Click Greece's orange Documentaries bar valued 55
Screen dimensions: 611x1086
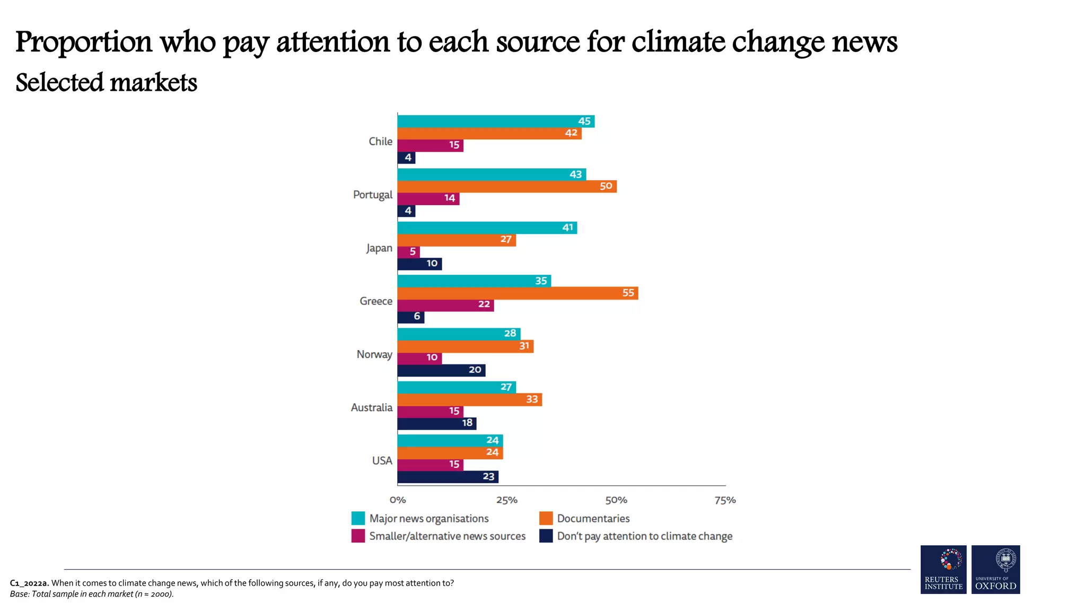point(517,293)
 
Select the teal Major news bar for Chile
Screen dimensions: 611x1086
point(495,121)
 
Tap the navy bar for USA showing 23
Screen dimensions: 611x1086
point(448,476)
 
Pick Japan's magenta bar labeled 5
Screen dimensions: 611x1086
point(408,251)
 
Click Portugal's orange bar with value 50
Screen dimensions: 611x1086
point(506,186)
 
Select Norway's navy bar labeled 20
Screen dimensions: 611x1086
point(441,370)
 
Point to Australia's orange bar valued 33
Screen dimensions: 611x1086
point(469,399)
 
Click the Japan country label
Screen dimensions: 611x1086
point(379,248)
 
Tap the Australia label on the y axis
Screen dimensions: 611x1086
point(371,407)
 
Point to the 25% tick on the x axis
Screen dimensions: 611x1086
point(506,500)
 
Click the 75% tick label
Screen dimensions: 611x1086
point(725,500)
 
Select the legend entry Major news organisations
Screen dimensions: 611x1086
point(428,519)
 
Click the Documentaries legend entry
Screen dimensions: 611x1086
point(593,519)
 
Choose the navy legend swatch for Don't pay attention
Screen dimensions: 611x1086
point(546,536)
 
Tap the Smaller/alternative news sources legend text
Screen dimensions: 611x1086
point(447,536)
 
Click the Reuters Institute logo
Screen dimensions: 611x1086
point(943,569)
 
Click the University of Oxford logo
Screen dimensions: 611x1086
point(995,569)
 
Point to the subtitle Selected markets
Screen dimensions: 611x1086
point(106,83)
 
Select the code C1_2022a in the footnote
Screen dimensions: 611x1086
point(29,583)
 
